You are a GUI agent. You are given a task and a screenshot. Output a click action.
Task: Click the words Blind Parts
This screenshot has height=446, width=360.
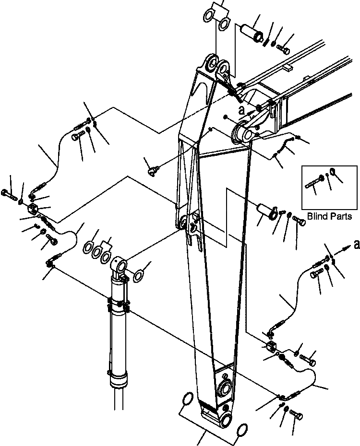pos(330,216)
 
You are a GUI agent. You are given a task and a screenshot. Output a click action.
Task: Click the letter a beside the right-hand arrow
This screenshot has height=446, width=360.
pos(355,245)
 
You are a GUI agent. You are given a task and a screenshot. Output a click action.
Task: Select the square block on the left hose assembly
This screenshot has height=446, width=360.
pos(34,209)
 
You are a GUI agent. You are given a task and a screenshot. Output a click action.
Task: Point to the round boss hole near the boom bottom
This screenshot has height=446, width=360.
pos(224,388)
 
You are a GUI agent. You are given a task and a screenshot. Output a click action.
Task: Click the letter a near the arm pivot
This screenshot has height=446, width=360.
pos(242,109)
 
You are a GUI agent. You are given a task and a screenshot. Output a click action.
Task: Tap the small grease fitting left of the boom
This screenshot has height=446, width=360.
pos(152,169)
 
